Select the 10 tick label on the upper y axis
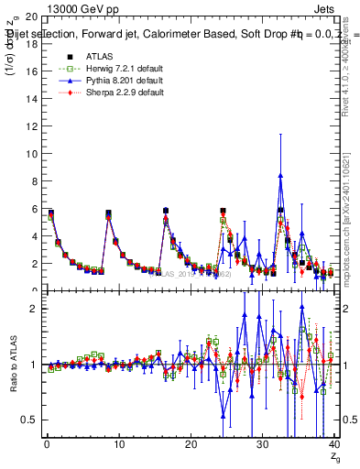tap(31, 154)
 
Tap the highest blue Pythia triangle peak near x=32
tap(280, 174)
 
